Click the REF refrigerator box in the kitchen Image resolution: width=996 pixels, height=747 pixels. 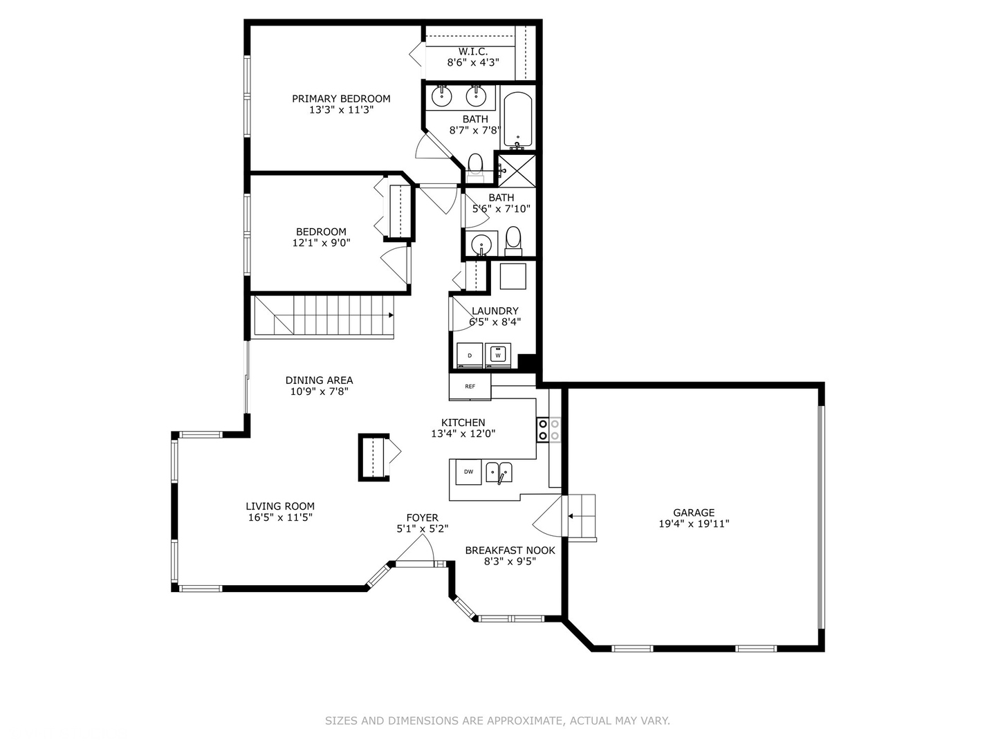coord(470,386)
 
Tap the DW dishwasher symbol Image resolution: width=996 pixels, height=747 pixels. coord(468,472)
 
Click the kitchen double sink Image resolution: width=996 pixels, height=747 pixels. coord(499,472)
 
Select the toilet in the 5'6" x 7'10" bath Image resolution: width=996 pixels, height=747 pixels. coord(513,239)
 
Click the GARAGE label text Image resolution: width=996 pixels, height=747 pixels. coord(694,513)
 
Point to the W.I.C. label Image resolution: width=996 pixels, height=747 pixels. coord(473,51)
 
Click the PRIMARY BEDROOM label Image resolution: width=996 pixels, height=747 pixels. coord(341,99)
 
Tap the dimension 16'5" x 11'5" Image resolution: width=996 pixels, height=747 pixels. coord(280,517)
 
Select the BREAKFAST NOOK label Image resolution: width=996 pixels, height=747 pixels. coord(510,551)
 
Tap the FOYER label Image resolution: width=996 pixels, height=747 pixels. coord(422,517)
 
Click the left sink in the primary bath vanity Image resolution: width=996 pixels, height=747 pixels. coord(442,95)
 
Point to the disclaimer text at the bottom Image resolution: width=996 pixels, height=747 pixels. coord(497,721)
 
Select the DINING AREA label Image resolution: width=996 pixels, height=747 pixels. coord(319,380)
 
